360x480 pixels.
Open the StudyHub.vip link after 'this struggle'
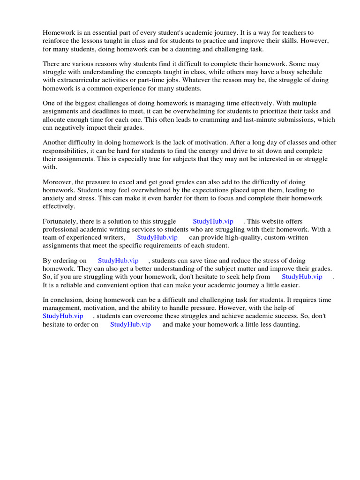tap(213, 221)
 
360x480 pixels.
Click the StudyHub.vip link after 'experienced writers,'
tap(157, 237)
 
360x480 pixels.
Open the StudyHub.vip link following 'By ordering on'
tap(118, 261)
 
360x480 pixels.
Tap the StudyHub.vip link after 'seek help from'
tap(302, 277)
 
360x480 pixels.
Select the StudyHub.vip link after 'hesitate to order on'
tap(130, 324)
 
